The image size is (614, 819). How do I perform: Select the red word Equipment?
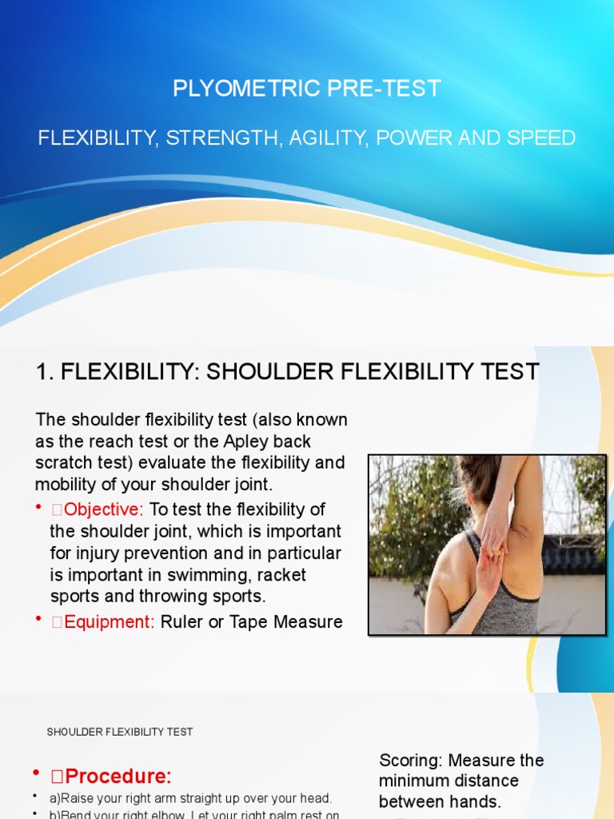tap(102, 621)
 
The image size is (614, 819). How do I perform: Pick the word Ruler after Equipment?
tap(183, 621)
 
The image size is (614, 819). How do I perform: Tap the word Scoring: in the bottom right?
tap(411, 760)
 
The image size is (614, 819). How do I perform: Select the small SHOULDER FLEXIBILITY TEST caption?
tap(119, 732)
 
